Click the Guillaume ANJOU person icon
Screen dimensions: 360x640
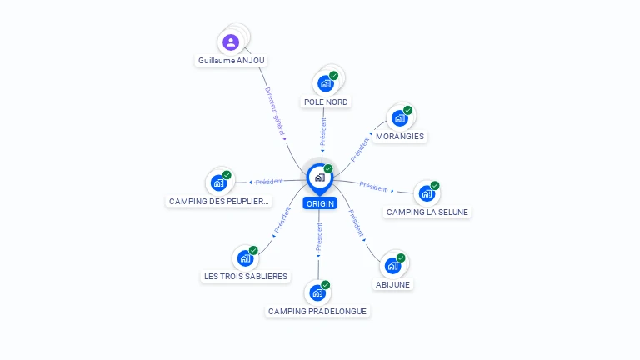(231, 42)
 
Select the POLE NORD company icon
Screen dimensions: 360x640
(326, 83)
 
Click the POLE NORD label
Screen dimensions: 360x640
(326, 102)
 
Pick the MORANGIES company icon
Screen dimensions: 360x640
(400, 118)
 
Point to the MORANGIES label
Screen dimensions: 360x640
(400, 136)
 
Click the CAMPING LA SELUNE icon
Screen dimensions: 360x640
(427, 193)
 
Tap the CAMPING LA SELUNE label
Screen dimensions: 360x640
(428, 212)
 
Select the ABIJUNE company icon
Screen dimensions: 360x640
(392, 266)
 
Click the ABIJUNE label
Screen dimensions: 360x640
(393, 284)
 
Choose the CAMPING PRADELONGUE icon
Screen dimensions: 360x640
(317, 292)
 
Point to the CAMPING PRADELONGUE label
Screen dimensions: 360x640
(317, 311)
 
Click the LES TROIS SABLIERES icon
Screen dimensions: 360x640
(245, 257)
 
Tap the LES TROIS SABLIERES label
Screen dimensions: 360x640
(246, 276)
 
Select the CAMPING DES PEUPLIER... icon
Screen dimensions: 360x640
(218, 182)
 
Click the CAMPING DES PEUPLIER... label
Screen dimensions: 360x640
(220, 201)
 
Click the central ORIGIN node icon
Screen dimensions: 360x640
(319, 177)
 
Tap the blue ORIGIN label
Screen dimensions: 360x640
(320, 203)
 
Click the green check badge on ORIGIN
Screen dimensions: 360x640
(328, 169)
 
